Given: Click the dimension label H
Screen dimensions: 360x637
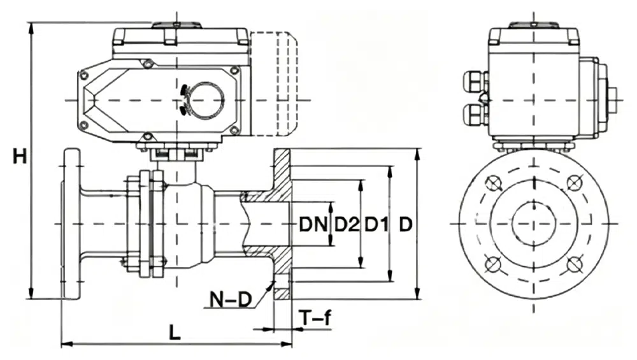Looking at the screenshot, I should coord(20,155).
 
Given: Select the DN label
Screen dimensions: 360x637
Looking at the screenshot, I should coord(313,224).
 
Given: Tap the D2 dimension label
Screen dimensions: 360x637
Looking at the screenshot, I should coord(347,224).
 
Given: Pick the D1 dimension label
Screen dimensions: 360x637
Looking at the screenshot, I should coord(376,224).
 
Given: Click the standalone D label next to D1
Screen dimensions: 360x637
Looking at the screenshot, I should coord(406,224).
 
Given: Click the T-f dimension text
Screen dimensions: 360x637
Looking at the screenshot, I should coord(317,318).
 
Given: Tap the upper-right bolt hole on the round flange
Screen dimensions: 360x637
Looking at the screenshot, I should coord(575,184).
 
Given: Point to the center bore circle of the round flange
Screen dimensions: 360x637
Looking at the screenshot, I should coord(533,224).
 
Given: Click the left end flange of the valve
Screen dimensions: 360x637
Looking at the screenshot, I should coord(71,224).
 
